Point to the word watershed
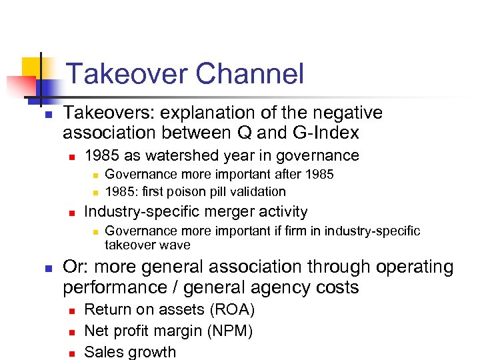177,156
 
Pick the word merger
221,212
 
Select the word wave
175,245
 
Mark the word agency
279,287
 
